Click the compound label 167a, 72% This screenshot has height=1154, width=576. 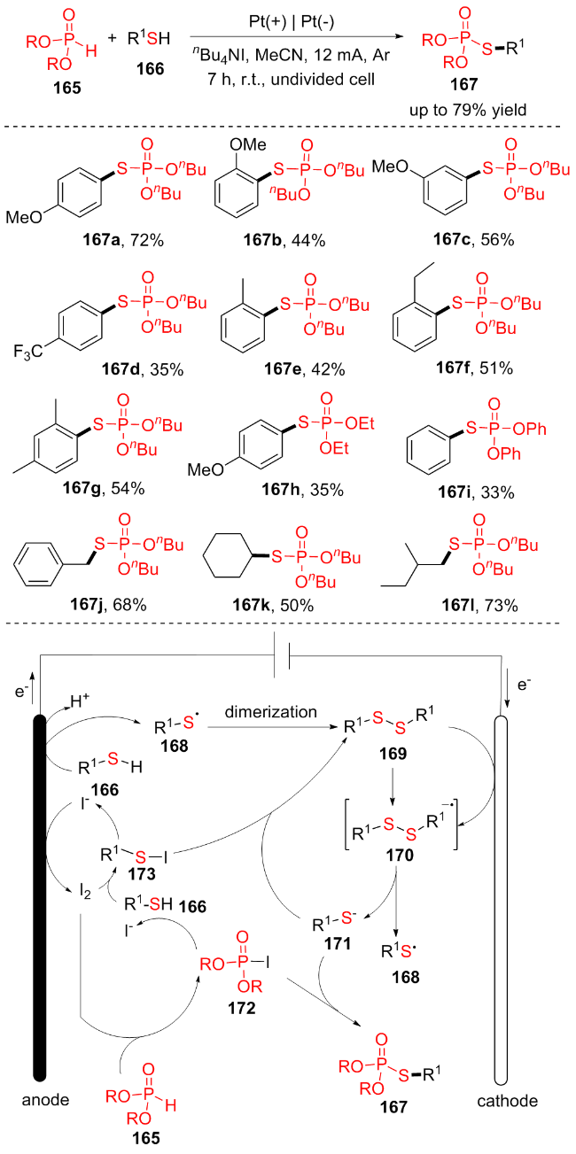coord(94,239)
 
